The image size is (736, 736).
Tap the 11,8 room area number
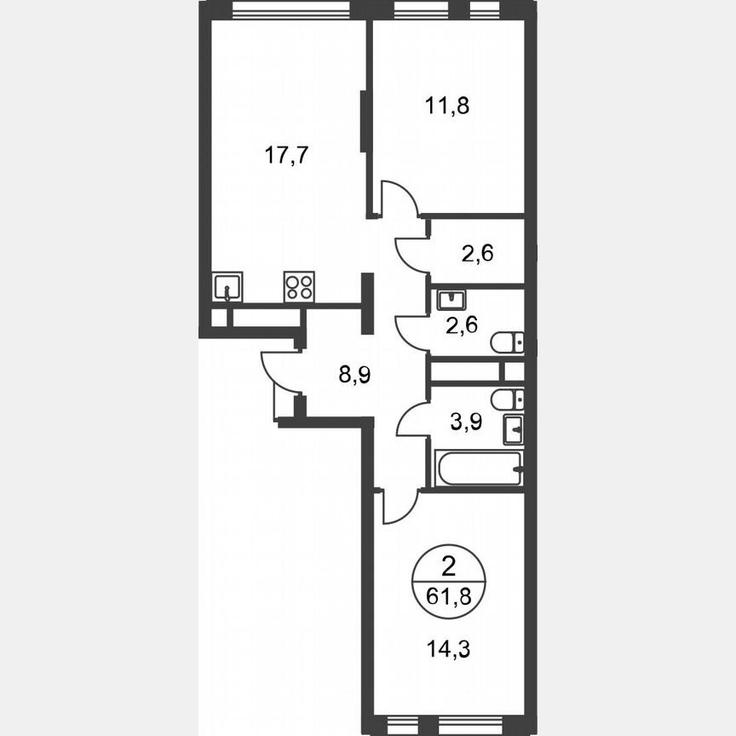pyautogui.click(x=447, y=106)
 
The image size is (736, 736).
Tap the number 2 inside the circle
pyautogui.click(x=447, y=564)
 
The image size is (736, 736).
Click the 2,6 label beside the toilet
pyautogui.click(x=465, y=325)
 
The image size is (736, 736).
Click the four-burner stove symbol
pyautogui.click(x=299, y=286)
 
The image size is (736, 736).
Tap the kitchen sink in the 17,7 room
pyautogui.click(x=227, y=286)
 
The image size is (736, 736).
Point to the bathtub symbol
pyautogui.click(x=477, y=469)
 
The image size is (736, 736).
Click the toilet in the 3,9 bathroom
pyautogui.click(x=507, y=399)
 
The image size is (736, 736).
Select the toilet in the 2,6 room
pyautogui.click(x=507, y=342)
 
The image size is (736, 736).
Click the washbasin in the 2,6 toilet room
pyautogui.click(x=448, y=300)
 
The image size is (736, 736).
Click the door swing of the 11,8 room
pyautogui.click(x=398, y=198)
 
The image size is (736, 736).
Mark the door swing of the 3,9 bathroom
pyautogui.click(x=412, y=419)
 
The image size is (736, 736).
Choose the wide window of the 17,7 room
pyautogui.click(x=290, y=11)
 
